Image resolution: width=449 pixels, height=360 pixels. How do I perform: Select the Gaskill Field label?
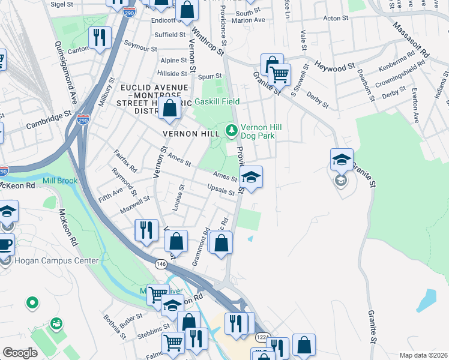coord(220,101)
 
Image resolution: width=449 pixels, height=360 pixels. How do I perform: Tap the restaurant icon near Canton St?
coord(99,38)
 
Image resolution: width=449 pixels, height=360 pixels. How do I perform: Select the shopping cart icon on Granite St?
coord(279,75)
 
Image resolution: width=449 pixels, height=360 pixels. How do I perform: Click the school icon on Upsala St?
coord(252,176)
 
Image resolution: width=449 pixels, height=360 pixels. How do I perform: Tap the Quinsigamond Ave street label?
coord(66,71)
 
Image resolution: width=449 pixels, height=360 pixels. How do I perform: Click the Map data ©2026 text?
coord(423,355)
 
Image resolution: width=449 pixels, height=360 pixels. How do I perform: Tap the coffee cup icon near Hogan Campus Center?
coord(5,245)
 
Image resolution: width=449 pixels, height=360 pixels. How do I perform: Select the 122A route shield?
coord(262,337)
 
